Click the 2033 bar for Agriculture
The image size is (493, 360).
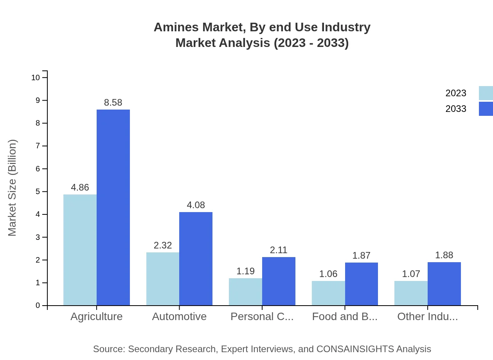click(x=113, y=207)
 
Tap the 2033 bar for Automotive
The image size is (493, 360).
click(x=196, y=259)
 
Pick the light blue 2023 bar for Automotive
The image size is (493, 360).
click(x=163, y=279)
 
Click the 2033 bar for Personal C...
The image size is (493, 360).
click(x=279, y=281)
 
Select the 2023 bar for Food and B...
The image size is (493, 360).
click(x=328, y=293)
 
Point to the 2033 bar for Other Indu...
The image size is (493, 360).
click(x=444, y=284)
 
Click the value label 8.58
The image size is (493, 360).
click(x=113, y=103)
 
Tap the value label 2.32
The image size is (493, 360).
click(x=163, y=245)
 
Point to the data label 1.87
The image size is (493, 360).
click(x=361, y=256)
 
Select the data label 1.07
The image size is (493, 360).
click(x=411, y=274)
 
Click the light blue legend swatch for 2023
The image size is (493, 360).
click(x=486, y=93)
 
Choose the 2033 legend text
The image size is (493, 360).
click(x=456, y=109)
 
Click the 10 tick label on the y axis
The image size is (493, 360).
click(x=36, y=77)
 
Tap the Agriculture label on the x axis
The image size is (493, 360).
click(x=96, y=317)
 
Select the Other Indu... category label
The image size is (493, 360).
click(x=427, y=317)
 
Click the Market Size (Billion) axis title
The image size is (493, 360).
click(x=12, y=188)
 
